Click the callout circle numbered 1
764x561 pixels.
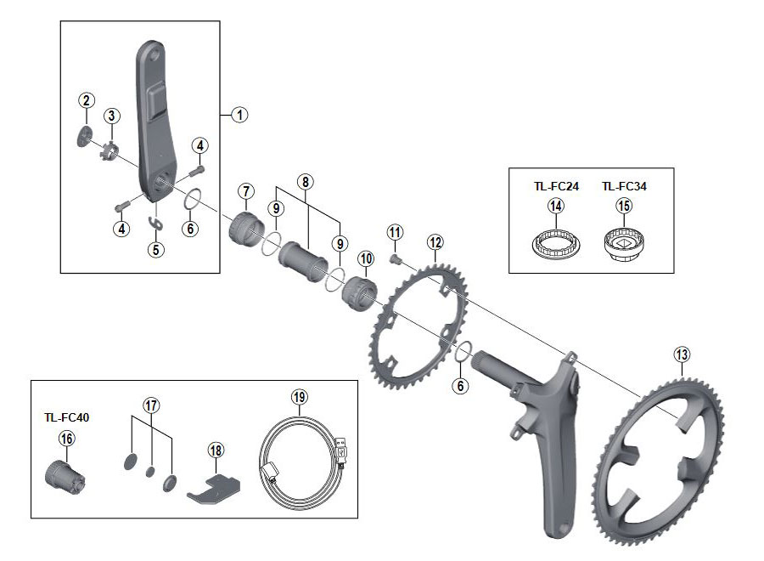coord(239,114)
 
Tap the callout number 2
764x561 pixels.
coord(86,100)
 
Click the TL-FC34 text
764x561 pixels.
coord(624,186)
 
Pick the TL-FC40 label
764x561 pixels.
coord(66,418)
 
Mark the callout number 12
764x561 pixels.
coord(435,242)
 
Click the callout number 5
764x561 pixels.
coord(155,249)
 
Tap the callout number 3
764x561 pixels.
coord(111,116)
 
